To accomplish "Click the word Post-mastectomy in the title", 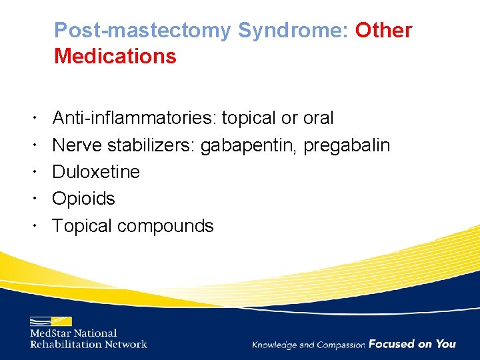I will click(x=143, y=31).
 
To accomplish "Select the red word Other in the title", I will click(x=383, y=31).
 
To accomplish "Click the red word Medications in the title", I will click(x=115, y=57).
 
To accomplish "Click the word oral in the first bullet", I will click(x=318, y=118).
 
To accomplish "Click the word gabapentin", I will click(x=249, y=145).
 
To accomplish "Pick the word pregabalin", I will click(x=347, y=145).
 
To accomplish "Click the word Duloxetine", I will click(x=96, y=172).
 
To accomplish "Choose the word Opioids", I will click(x=83, y=199).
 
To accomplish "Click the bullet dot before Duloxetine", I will click(x=33, y=171).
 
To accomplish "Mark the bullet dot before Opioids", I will click(x=33, y=198).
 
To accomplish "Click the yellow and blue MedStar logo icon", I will click(x=51, y=321).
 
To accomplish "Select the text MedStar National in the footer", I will click(x=73, y=333).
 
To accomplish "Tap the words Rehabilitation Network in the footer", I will click(x=88, y=344).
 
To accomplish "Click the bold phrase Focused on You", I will click(x=412, y=344).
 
